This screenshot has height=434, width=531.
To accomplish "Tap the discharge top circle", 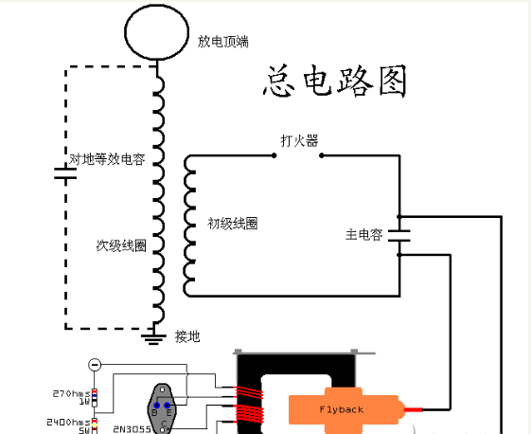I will click(x=158, y=27).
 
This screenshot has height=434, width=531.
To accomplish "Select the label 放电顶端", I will click(x=222, y=43).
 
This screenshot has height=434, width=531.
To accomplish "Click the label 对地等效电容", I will click(x=107, y=160).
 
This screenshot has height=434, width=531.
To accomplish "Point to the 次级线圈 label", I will click(x=121, y=245).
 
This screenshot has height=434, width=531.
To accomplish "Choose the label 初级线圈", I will click(x=233, y=224).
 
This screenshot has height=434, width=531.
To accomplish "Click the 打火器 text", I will click(x=298, y=141).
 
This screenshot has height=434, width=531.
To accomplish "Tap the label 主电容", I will click(x=363, y=234).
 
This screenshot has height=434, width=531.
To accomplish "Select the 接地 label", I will click(x=187, y=336).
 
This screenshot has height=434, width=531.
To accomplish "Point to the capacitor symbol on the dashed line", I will click(x=64, y=173).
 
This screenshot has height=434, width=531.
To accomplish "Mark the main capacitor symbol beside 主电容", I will click(x=399, y=234).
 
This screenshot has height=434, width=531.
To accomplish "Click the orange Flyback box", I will click(x=340, y=409).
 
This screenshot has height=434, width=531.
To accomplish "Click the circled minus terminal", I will click(x=95, y=365).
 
